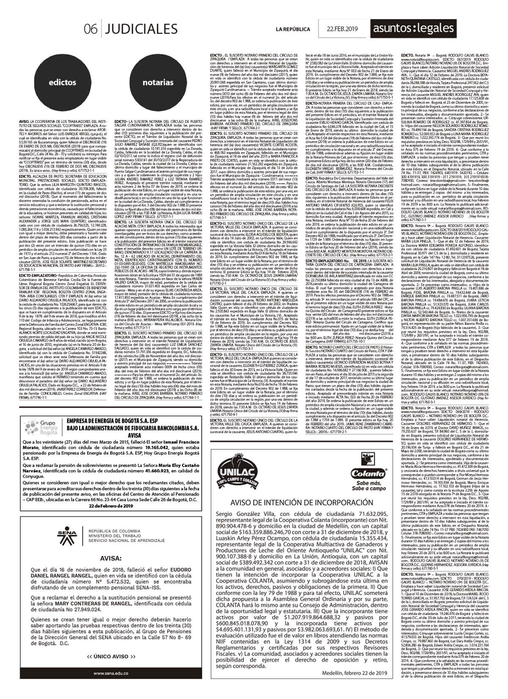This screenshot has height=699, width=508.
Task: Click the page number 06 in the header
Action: [91, 29]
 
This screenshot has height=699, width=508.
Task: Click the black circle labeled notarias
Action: [158, 82]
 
